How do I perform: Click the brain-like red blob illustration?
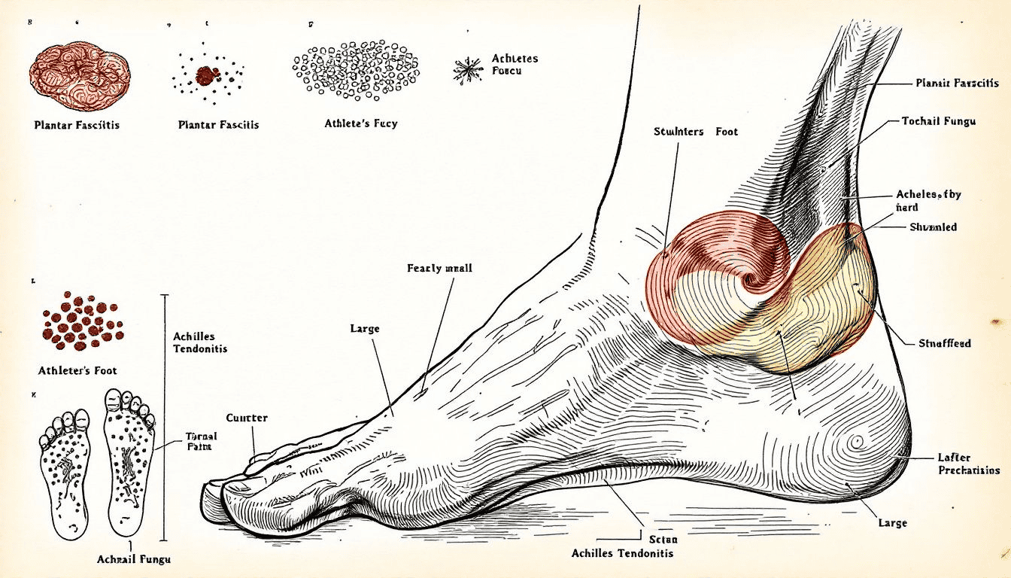point(80,76)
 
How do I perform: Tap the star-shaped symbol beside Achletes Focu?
point(468,70)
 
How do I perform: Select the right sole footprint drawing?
point(129,461)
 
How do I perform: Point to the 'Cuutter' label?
point(247,418)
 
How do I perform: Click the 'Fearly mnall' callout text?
point(439,268)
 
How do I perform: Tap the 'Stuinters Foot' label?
point(696,132)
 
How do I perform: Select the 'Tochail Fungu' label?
point(938,121)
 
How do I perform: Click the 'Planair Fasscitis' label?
point(957,83)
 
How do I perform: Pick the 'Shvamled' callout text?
point(933,227)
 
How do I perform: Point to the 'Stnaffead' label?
point(944,343)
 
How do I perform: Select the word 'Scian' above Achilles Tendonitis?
point(662,539)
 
